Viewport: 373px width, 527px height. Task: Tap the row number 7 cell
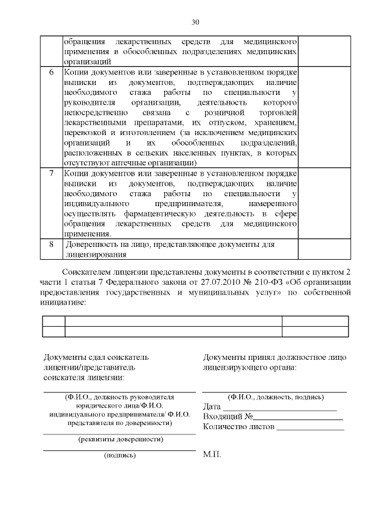[51, 174]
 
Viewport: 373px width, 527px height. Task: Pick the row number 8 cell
[51, 245]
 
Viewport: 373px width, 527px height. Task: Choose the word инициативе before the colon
[62, 303]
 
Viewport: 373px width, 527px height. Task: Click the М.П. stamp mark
[212, 454]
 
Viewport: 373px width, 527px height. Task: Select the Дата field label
[213, 406]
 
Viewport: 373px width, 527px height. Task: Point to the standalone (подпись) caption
[119, 455]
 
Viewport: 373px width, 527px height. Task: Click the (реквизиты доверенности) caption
[121, 439]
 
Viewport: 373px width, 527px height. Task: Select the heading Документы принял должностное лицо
[275, 357]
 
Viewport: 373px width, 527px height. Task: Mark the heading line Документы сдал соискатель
[97, 357]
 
